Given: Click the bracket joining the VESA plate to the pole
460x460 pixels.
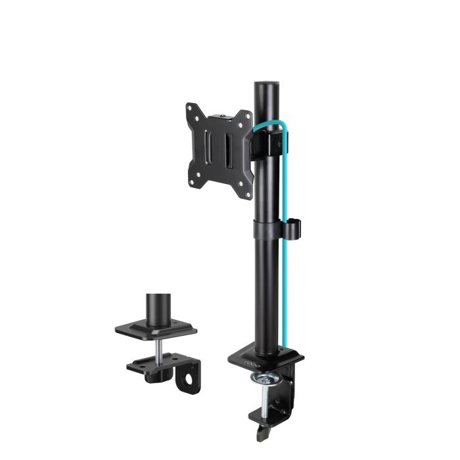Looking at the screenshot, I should (x=266, y=141).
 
